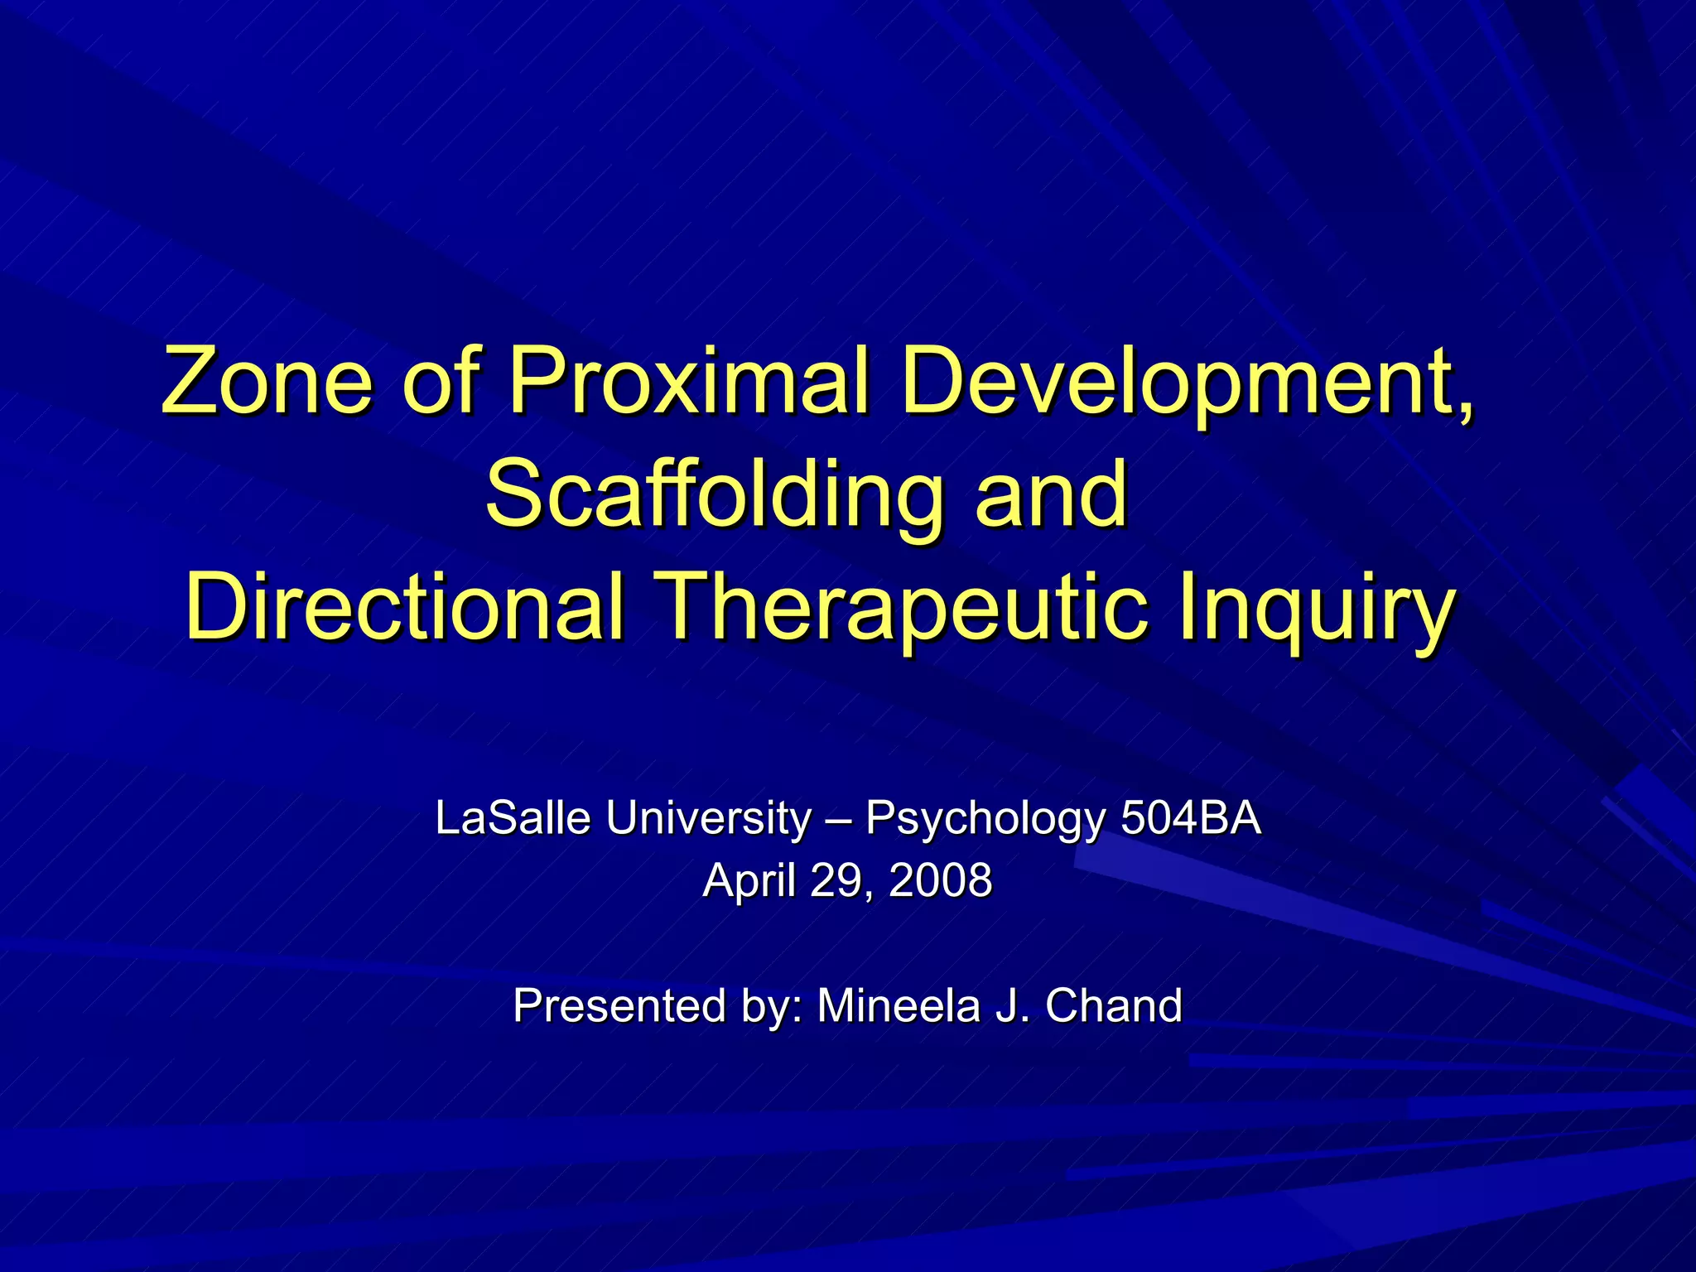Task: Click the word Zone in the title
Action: (267, 380)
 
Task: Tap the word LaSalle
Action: (513, 818)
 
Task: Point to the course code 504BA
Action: (1190, 818)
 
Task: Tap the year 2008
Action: (941, 879)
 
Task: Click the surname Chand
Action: (1114, 1005)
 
